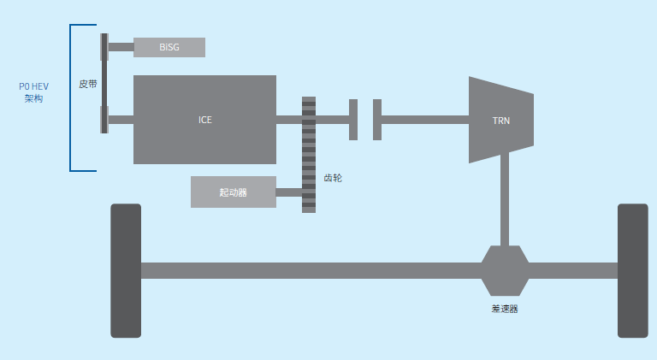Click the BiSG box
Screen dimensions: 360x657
[x=169, y=47]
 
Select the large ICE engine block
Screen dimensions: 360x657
[x=204, y=119]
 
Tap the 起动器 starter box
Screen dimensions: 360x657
[x=233, y=192]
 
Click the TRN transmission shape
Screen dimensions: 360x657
[x=500, y=120]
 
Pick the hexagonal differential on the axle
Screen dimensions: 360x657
[x=505, y=270]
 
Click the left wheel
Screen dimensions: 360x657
[x=126, y=270]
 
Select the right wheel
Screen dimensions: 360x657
[x=632, y=270]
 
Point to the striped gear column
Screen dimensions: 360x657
[x=308, y=154]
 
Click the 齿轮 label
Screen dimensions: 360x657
[x=334, y=179]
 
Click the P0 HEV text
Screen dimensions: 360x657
[x=33, y=86]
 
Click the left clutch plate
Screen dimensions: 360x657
[x=353, y=119]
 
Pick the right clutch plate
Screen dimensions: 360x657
[x=376, y=119]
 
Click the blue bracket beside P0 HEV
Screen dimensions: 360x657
[x=72, y=97]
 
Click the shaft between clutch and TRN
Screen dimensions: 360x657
[x=424, y=119]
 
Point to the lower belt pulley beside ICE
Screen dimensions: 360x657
[x=104, y=119]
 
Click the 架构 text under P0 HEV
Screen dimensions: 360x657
[x=33, y=99]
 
